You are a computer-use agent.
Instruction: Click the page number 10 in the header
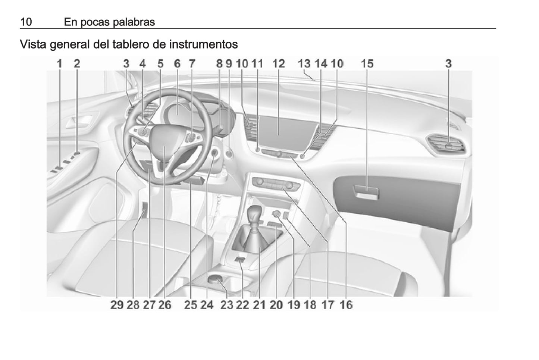(x=26, y=22)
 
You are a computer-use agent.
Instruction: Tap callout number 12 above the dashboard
(x=278, y=64)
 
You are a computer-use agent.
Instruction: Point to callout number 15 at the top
(x=367, y=64)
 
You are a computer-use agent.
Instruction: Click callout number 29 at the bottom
(x=117, y=305)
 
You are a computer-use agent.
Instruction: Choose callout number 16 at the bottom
(x=346, y=305)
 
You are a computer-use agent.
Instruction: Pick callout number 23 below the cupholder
(x=227, y=305)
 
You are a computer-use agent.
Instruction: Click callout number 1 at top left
(x=59, y=64)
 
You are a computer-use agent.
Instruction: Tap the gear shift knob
(x=255, y=213)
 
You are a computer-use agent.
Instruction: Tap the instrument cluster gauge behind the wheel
(x=178, y=113)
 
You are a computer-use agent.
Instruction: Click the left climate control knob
(x=259, y=182)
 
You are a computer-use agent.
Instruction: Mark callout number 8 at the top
(x=219, y=64)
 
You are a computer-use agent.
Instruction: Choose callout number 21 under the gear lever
(x=259, y=305)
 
